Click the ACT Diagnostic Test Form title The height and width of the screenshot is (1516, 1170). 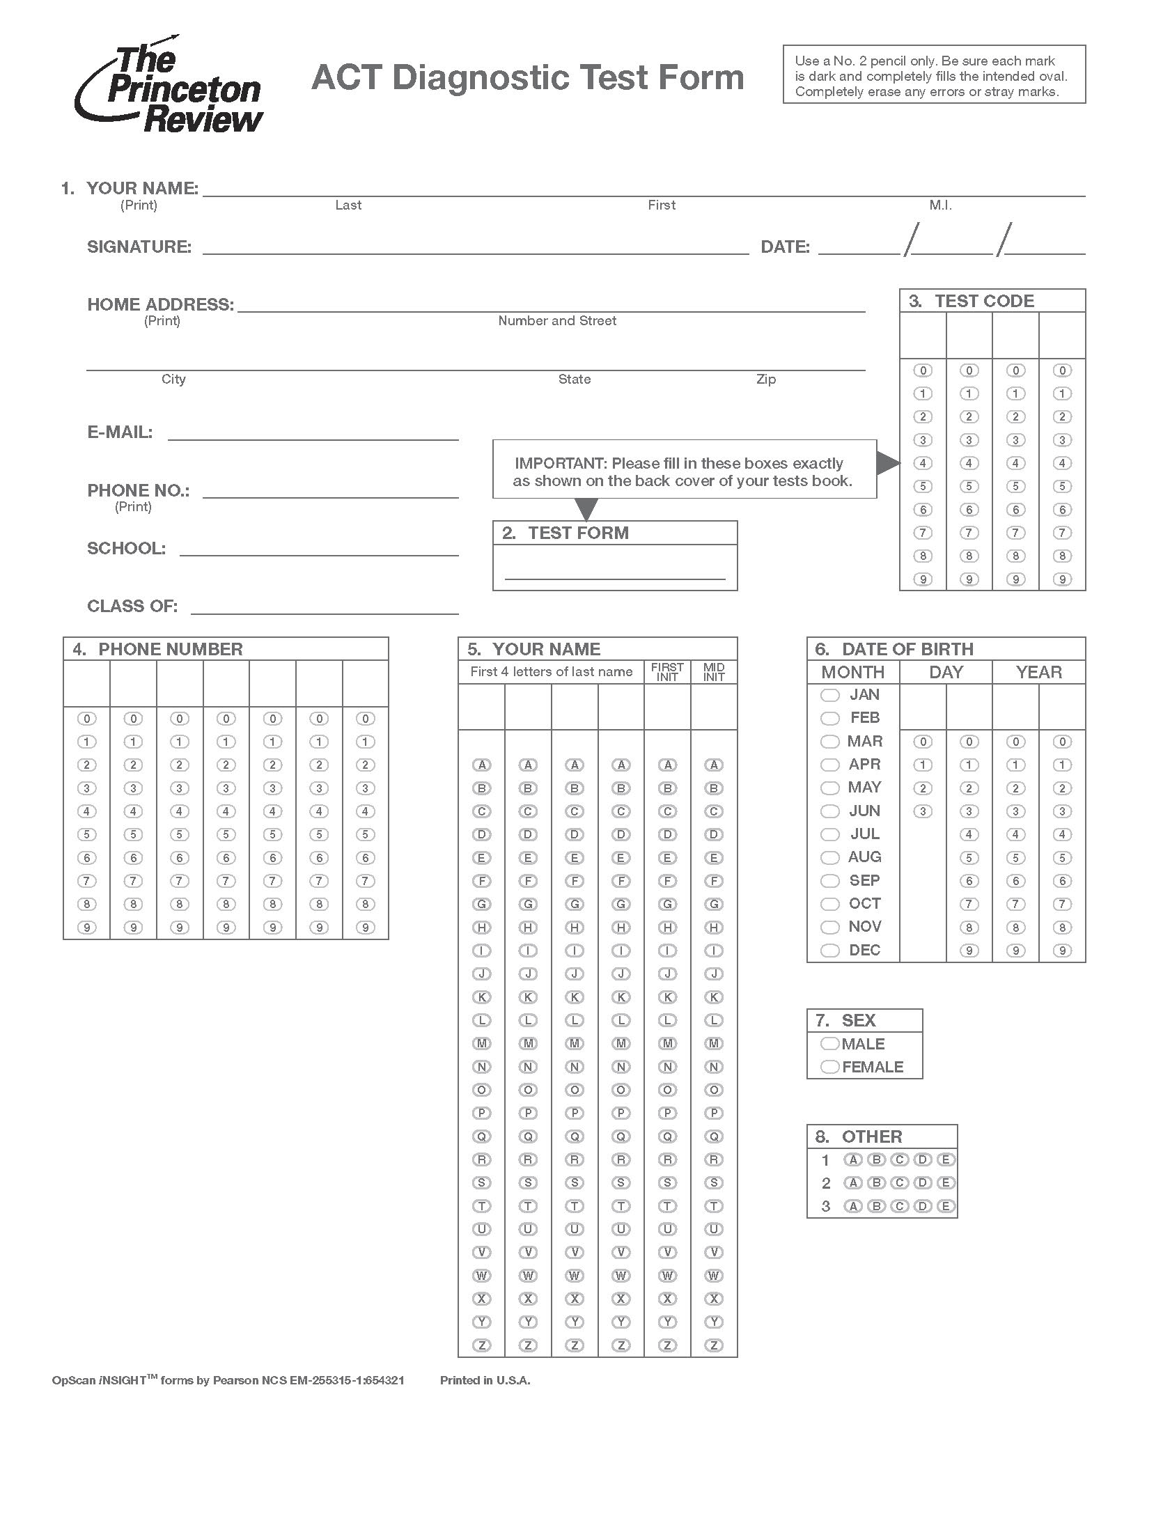coord(527,77)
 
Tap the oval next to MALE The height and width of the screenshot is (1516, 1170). coord(829,1043)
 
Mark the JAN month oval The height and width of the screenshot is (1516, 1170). coord(829,695)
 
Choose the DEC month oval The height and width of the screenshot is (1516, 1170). coord(829,950)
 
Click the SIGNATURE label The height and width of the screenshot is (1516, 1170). coord(139,247)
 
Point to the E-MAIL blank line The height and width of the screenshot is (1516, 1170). coord(313,439)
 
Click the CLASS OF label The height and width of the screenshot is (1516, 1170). coord(132,607)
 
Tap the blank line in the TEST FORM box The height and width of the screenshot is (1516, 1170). coord(614,577)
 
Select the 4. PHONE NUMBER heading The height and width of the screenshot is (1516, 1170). coord(158,650)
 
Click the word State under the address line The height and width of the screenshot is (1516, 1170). coord(574,380)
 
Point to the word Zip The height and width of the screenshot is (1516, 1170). coord(766,380)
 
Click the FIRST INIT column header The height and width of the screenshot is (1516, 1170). coord(667,672)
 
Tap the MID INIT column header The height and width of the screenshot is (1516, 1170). coord(714,672)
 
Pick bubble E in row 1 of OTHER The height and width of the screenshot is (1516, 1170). coord(945,1159)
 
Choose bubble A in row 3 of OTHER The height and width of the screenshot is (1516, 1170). coord(852,1206)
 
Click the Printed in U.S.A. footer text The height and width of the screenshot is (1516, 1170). coord(485,1380)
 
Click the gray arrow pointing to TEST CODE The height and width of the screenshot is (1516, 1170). coord(887,463)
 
